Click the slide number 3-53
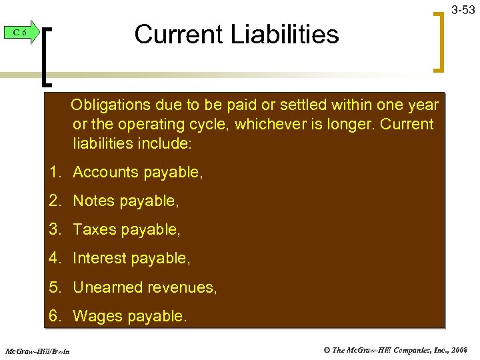pyautogui.click(x=463, y=9)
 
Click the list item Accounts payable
pyautogui.click(x=137, y=172)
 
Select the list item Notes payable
pyautogui.click(x=126, y=201)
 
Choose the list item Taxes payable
pyautogui.click(x=127, y=229)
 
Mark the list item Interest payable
pyautogui.click(x=131, y=258)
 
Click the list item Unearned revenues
pyautogui.click(x=145, y=287)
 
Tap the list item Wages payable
pyautogui.click(x=130, y=316)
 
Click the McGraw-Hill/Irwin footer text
pyautogui.click(x=38, y=350)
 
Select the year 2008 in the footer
pyautogui.click(x=458, y=349)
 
